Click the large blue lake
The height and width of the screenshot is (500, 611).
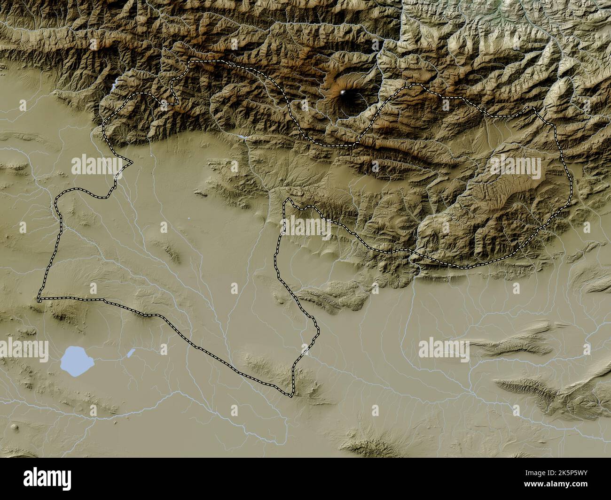point(77,361)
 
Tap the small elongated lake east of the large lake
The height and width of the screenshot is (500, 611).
point(131,352)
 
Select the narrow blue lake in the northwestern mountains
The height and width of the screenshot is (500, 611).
point(115,85)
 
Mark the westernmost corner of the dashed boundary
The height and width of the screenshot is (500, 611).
point(39,298)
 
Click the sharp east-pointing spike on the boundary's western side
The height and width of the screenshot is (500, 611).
point(131,164)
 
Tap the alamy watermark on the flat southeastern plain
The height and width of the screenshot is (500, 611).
point(443,350)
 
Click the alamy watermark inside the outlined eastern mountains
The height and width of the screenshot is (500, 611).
point(515,165)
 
